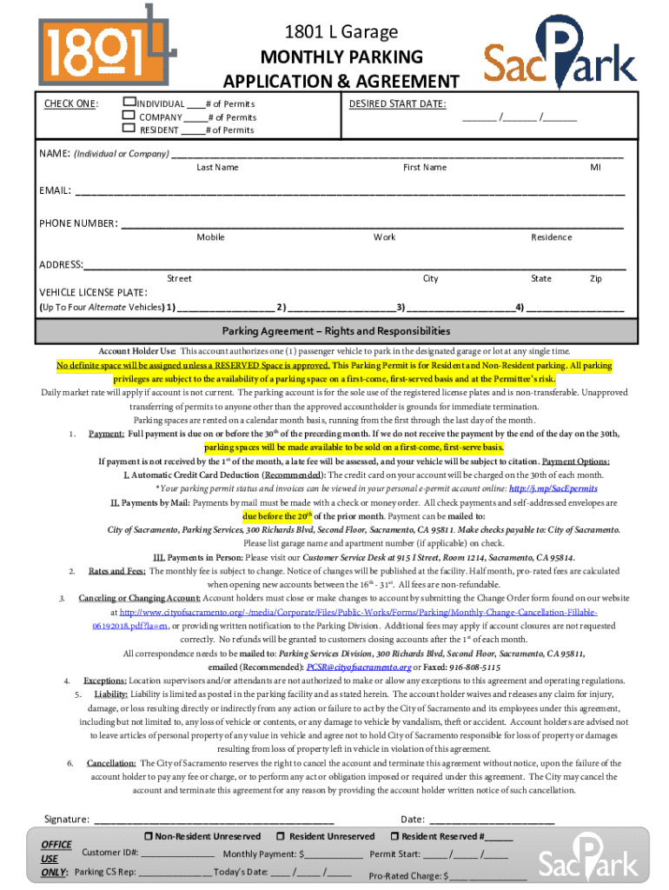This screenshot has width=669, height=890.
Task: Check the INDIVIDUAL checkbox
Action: [x=130, y=103]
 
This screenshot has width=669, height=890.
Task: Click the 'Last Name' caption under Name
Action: [x=217, y=167]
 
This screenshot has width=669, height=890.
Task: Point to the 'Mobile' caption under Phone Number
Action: [x=210, y=237]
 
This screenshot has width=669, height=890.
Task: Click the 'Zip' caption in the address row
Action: [x=596, y=279]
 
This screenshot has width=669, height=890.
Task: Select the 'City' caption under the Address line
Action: [x=431, y=279]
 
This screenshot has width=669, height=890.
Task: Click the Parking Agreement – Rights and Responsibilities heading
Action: [x=335, y=331]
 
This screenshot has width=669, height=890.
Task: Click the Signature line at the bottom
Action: [x=213, y=820]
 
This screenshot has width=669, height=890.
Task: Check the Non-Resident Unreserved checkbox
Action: [x=149, y=836]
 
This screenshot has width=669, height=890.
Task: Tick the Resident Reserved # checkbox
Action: [x=395, y=836]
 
